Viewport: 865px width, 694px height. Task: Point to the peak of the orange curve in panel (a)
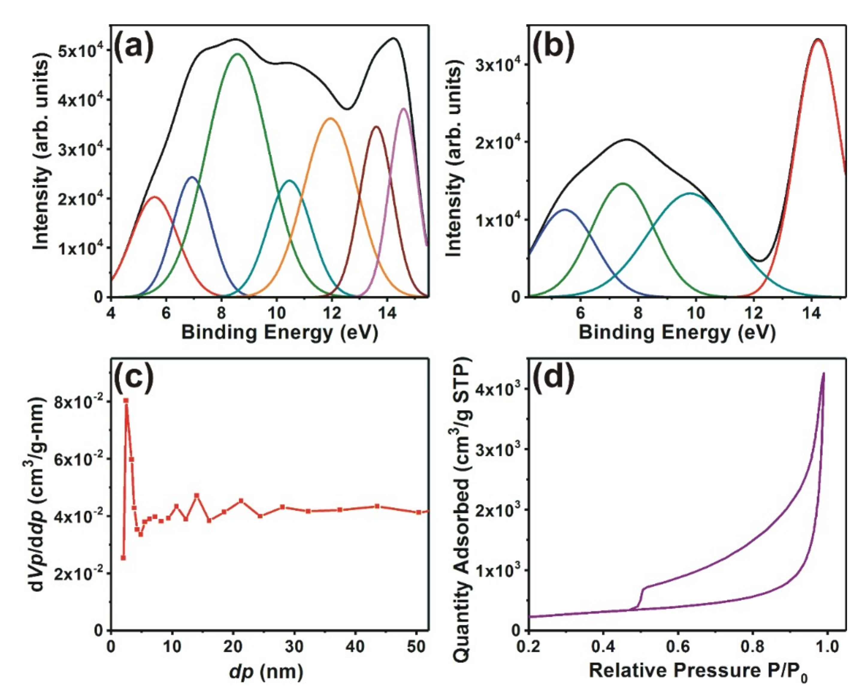tap(331, 118)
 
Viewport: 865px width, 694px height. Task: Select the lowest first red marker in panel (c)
tap(123, 558)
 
